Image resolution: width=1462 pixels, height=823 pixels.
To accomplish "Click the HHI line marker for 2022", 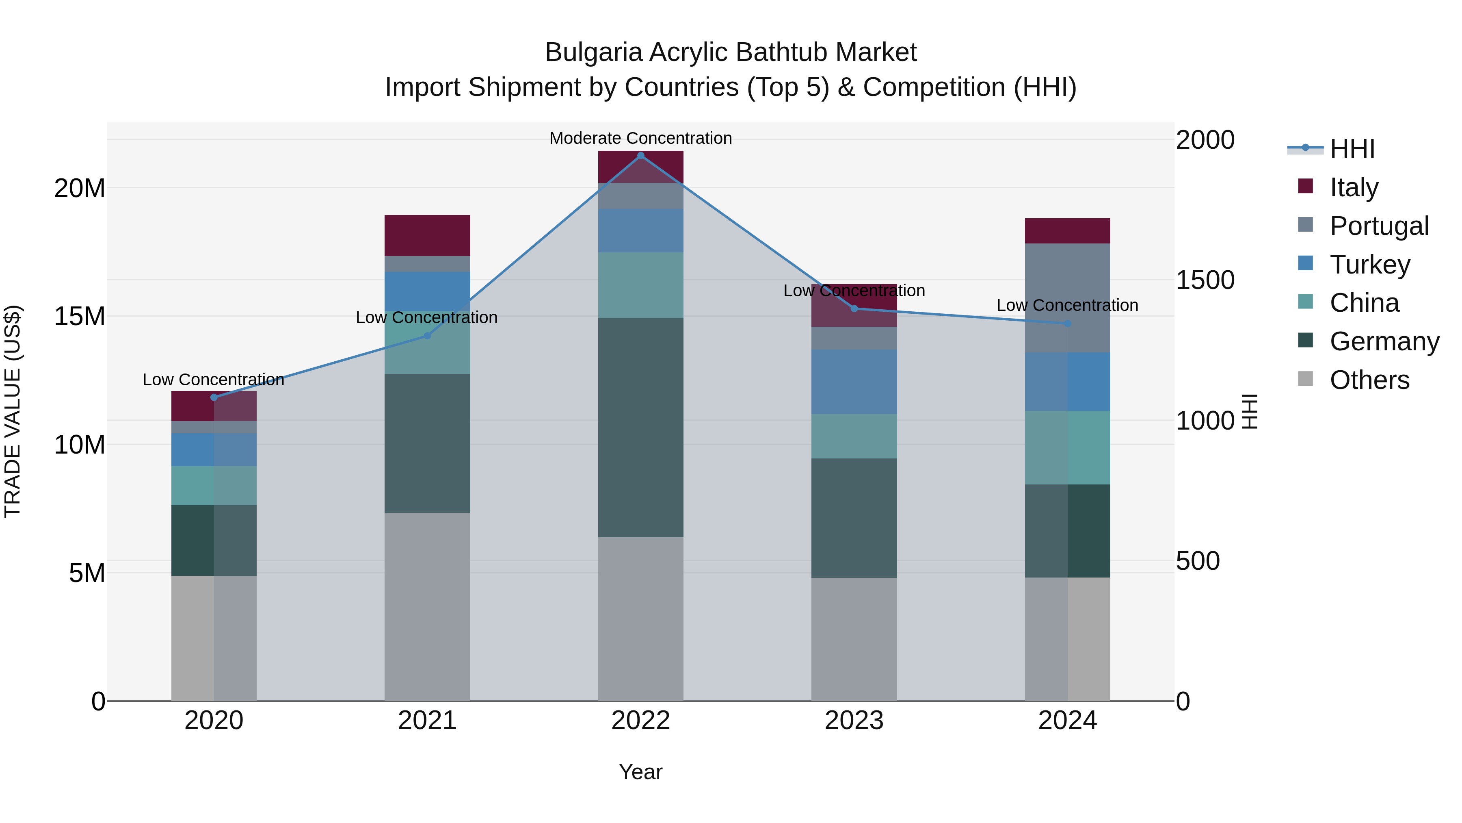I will pos(641,156).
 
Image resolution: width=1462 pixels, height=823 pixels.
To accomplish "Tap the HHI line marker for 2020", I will pos(214,397).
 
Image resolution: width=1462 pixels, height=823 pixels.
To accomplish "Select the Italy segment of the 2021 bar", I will pos(427,235).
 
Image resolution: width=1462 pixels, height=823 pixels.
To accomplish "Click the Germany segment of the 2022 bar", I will pos(641,427).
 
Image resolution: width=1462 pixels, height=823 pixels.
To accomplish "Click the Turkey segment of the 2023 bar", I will pos(854,381).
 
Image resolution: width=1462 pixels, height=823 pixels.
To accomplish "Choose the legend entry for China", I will pos(1364,303).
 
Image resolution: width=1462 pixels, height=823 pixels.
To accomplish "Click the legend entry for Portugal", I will pos(1379,226).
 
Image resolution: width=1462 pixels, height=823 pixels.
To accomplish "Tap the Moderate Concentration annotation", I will pos(641,138).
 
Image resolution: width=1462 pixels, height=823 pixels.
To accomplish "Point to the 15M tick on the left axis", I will pos(80,316).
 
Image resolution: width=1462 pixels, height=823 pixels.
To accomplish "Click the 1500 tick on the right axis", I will pos(1205,280).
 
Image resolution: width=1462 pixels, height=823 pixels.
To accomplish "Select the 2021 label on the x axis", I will pos(427,721).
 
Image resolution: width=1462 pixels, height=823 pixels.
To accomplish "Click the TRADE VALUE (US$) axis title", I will pos(13,411).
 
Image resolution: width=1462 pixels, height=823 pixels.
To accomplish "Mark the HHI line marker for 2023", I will pos(854,308).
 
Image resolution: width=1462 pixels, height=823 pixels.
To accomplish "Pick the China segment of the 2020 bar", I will pos(214,486).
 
